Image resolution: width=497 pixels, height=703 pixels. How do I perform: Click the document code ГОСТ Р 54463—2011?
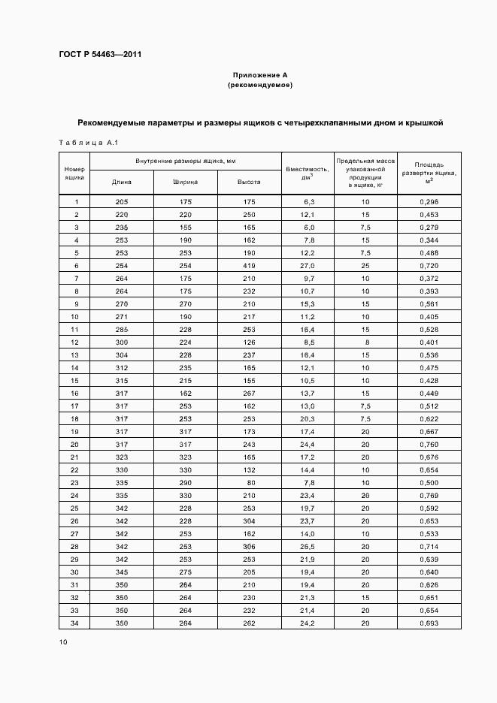99,55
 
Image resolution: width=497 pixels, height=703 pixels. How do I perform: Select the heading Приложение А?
260,75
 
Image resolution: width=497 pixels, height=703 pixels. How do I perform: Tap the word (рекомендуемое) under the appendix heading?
260,86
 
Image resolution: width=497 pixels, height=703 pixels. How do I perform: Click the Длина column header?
122,182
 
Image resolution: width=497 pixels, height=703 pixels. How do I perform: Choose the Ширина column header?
185,182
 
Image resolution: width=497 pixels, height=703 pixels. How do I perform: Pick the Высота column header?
249,182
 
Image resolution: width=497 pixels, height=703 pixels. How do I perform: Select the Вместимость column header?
308,173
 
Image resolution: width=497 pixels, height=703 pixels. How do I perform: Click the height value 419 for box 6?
249,266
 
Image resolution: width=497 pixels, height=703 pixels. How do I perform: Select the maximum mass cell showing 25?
365,266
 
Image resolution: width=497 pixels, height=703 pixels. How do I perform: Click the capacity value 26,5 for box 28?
308,546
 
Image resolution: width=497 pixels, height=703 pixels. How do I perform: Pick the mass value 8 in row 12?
365,342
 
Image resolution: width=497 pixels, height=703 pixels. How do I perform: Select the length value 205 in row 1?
122,202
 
